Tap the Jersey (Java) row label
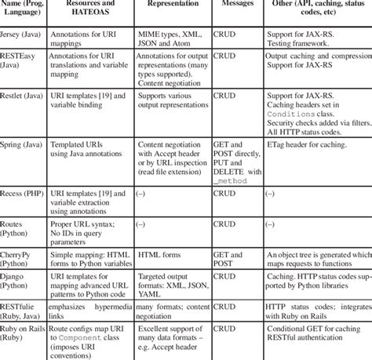(x=23, y=35)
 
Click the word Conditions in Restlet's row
(x=290, y=113)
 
